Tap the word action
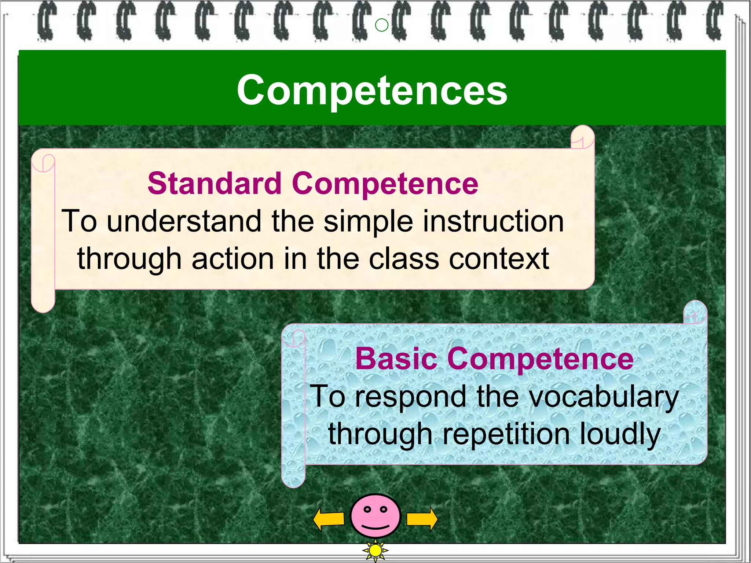tap(233, 259)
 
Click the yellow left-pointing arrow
tap(329, 519)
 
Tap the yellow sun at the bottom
tap(375, 550)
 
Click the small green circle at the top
tap(382, 25)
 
